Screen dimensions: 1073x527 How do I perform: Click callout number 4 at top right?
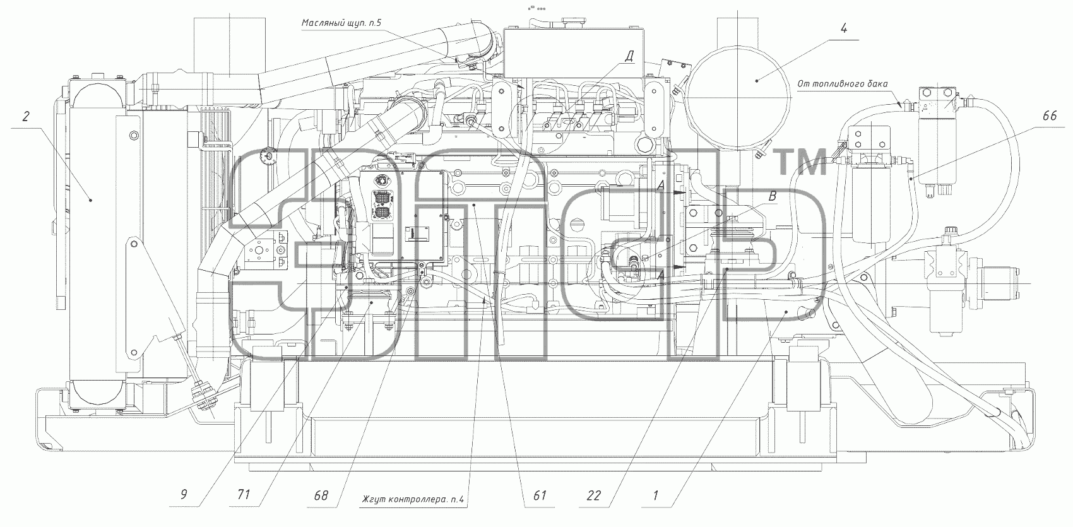[843, 28]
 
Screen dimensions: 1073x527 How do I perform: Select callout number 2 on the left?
[27, 116]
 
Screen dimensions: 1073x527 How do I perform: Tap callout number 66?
[1049, 115]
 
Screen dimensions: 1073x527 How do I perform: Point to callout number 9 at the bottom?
[184, 494]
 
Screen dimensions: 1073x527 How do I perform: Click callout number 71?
[244, 494]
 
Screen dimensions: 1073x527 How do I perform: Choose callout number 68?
[321, 495]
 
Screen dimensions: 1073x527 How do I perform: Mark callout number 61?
[540, 495]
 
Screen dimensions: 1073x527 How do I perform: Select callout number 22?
[593, 495]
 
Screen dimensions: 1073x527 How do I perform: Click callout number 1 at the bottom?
[655, 495]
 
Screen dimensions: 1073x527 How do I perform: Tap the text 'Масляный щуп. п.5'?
[341, 23]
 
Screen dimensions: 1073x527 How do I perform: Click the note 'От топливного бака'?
[842, 84]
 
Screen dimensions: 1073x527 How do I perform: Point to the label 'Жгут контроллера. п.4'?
[413, 500]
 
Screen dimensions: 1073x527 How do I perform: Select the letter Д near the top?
[629, 57]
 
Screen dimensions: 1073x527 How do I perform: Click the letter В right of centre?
[772, 196]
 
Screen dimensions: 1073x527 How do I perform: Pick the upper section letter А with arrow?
[661, 186]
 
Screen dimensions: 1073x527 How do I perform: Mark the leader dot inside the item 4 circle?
[757, 81]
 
